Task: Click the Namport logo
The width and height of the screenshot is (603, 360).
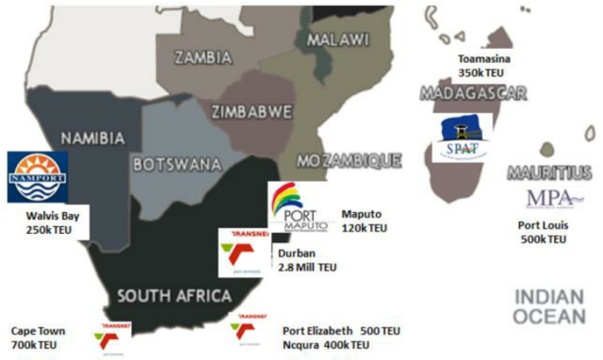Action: click(x=37, y=176)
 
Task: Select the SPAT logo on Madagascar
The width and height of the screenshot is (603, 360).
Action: click(x=462, y=139)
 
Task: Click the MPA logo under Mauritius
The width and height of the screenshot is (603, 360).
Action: click(x=549, y=199)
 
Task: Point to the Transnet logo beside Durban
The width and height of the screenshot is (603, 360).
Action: click(x=243, y=253)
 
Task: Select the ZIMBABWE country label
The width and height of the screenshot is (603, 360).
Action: click(x=252, y=111)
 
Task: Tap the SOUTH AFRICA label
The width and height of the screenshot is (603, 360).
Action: click(x=175, y=296)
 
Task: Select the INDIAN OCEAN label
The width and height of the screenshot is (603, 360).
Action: click(x=549, y=307)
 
